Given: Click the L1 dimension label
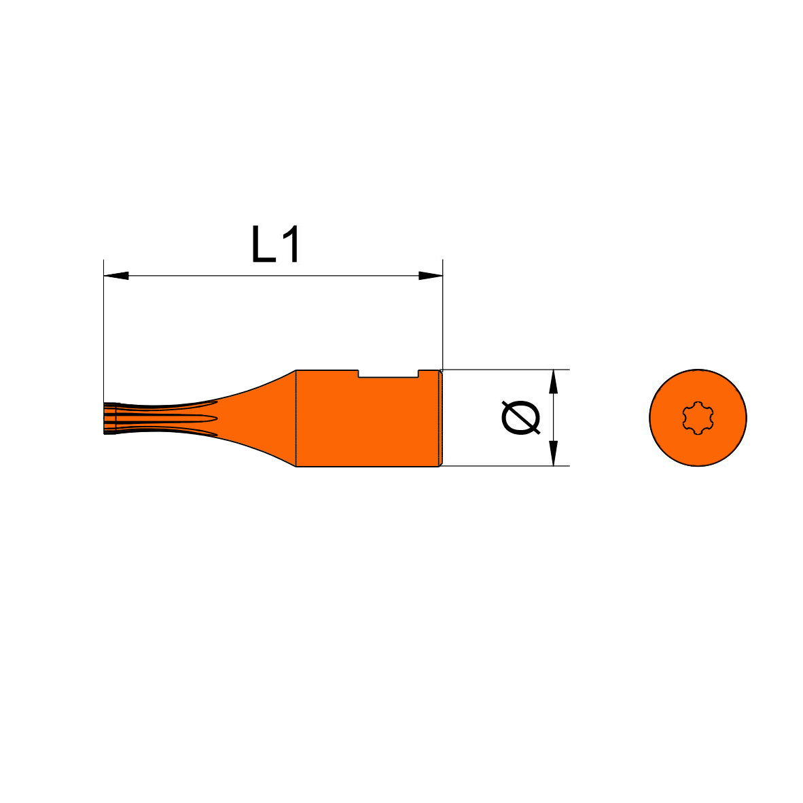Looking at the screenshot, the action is coord(276,245).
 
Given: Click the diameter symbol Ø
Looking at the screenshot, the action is coord(521,418).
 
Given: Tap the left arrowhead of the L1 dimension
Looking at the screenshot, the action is coord(115,276).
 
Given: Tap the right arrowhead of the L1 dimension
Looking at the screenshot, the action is coord(430,276).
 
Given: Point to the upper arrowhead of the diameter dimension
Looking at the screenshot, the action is coord(553,382).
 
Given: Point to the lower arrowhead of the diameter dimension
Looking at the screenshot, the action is coord(553,454).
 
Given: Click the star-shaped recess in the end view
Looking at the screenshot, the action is coord(698,418).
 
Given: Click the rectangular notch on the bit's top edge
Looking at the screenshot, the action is coord(388,374).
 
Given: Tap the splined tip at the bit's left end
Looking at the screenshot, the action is coord(110,418).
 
